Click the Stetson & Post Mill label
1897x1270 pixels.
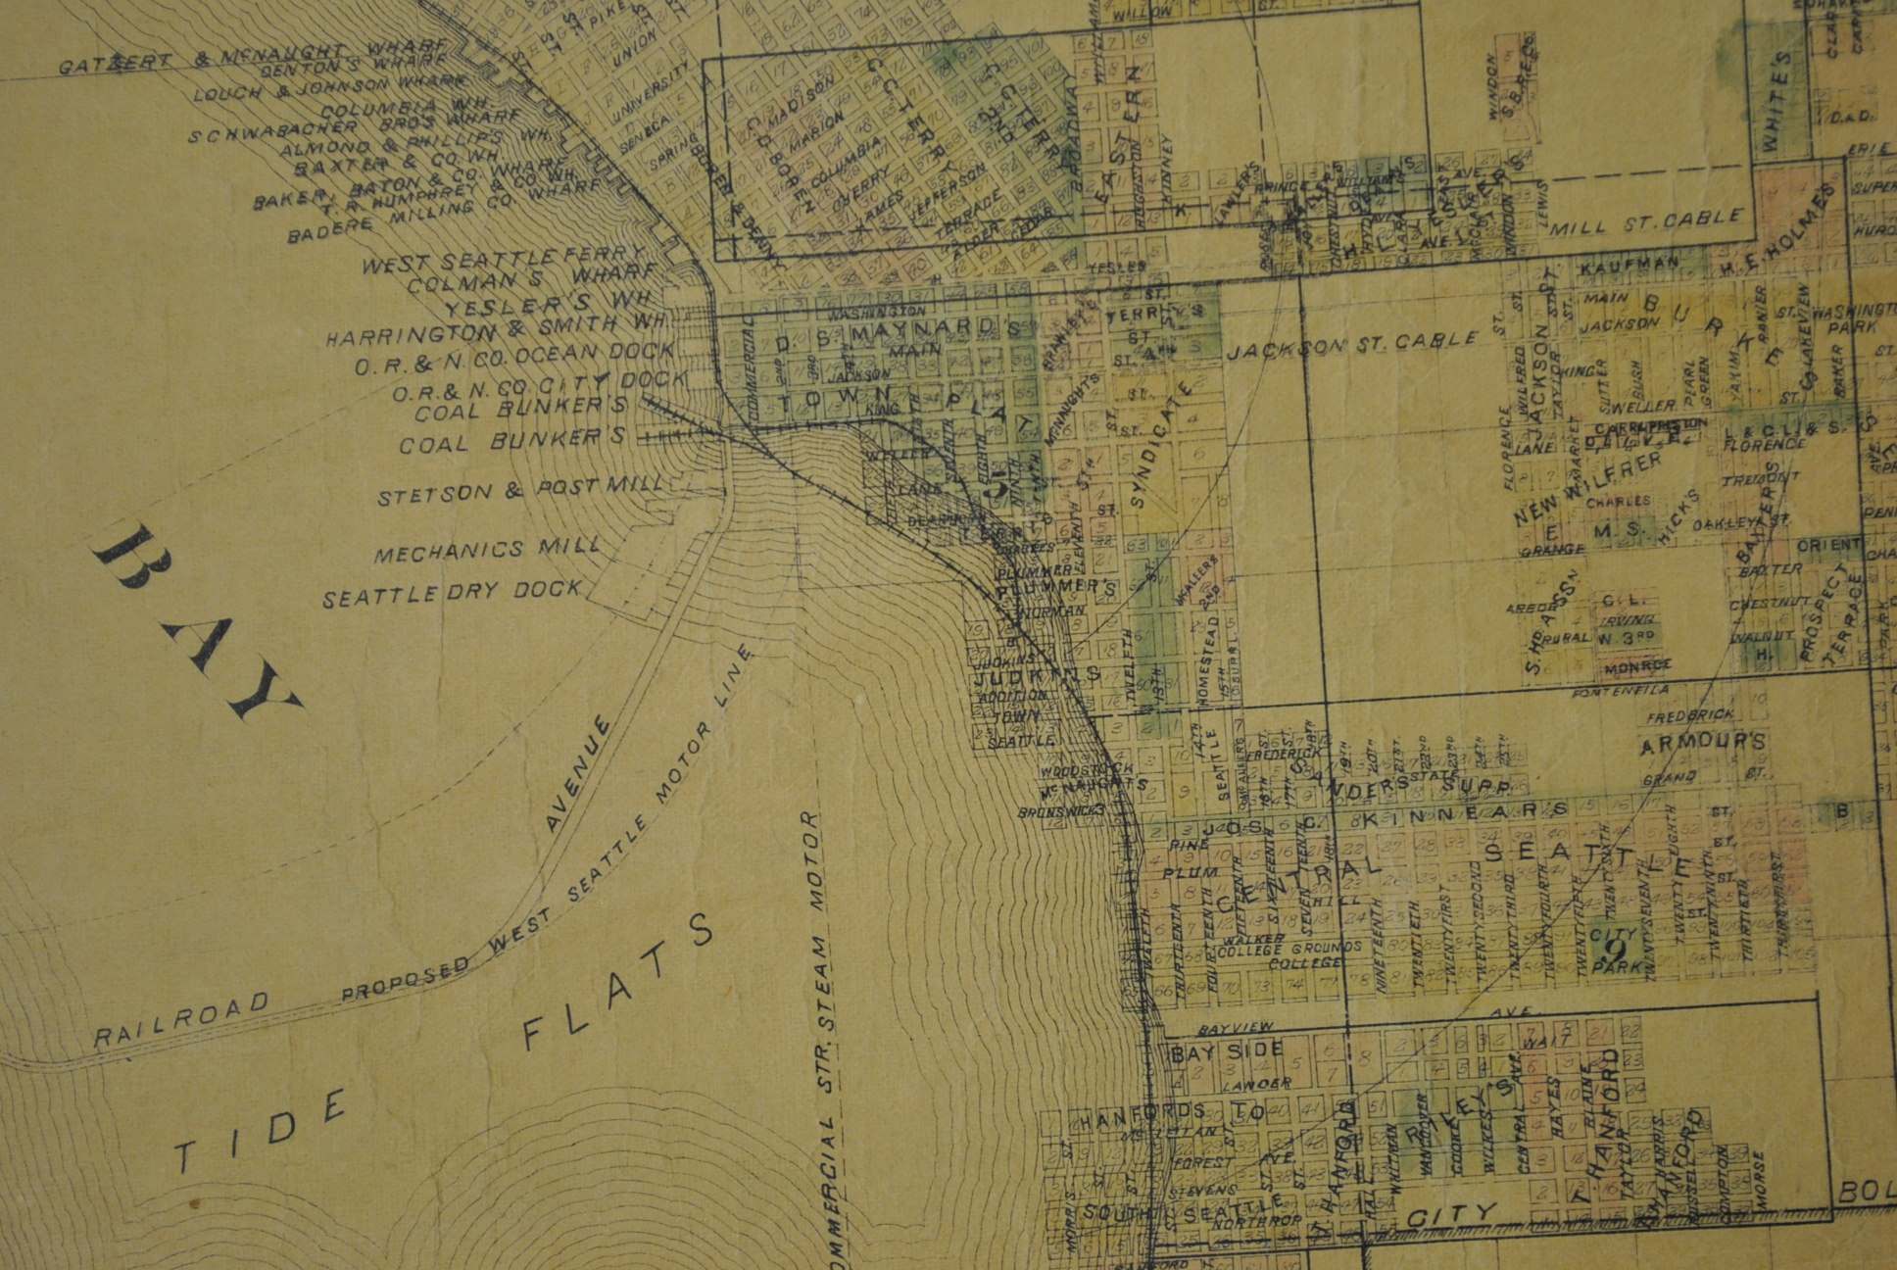click(520, 490)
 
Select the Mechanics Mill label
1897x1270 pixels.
click(489, 550)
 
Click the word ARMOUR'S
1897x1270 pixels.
click(1704, 742)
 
